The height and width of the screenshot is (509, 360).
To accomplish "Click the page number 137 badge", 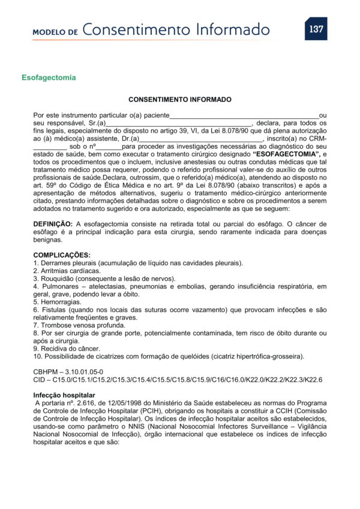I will [x=316, y=29].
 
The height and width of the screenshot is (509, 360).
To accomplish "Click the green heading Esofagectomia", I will [x=49, y=77].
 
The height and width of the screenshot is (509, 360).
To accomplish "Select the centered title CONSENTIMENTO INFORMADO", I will [x=180, y=100].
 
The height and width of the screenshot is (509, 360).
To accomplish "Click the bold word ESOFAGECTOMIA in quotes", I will [x=290, y=154].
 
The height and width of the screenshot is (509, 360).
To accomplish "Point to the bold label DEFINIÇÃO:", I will [x=53, y=223].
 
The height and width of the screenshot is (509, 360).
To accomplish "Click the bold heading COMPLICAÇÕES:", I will [x=62, y=255].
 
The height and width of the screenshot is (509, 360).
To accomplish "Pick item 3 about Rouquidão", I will [x=104, y=279].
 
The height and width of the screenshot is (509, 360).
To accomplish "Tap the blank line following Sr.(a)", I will [x=179, y=123].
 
